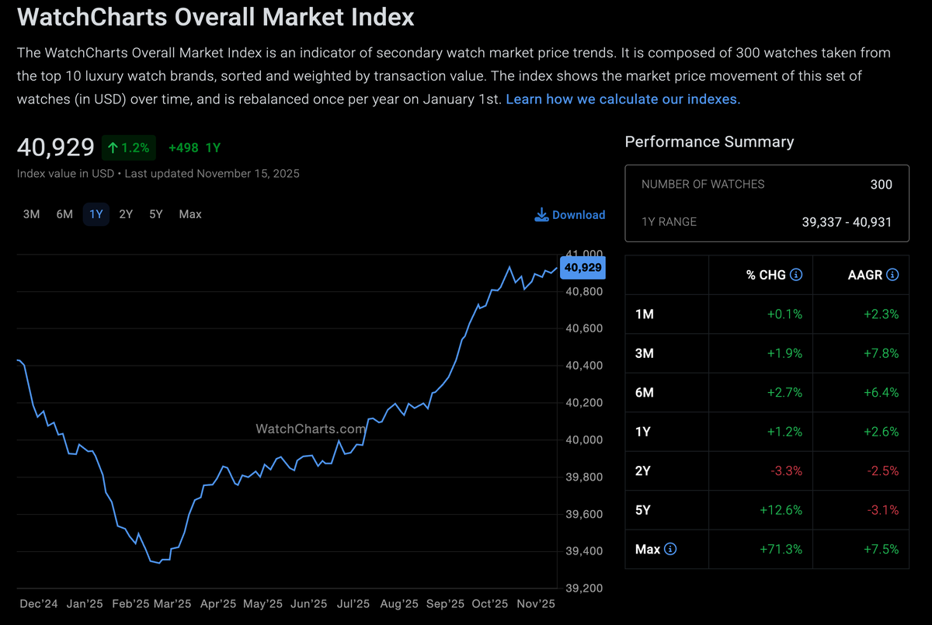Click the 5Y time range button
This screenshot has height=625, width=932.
click(156, 214)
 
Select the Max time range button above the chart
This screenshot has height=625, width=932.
click(190, 214)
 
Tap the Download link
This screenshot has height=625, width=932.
click(570, 215)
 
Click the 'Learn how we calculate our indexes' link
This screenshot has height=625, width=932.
click(623, 99)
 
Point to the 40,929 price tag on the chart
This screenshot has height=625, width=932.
click(582, 268)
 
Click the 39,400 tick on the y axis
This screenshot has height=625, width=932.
click(584, 551)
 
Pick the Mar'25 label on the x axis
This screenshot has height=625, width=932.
click(172, 604)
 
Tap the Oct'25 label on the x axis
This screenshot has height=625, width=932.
click(490, 604)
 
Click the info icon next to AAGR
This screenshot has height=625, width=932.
click(892, 275)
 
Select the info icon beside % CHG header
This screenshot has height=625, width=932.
click(796, 275)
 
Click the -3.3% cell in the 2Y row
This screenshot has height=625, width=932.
click(787, 471)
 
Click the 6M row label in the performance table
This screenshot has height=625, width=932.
click(645, 393)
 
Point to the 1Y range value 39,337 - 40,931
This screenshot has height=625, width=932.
click(847, 222)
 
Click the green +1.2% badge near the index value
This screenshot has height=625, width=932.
click(128, 148)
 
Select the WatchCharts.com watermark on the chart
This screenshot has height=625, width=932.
click(311, 429)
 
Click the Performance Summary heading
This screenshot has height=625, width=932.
click(709, 142)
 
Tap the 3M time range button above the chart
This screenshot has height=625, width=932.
click(31, 214)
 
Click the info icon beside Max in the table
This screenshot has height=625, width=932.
click(670, 550)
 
